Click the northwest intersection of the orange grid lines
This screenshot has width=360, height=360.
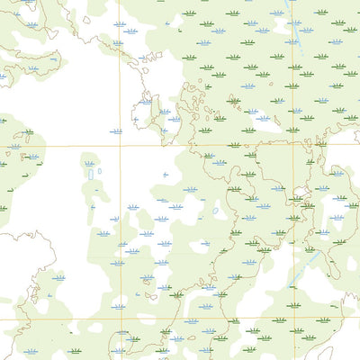120,145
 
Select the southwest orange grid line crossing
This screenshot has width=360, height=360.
120,319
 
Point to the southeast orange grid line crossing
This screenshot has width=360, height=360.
293,319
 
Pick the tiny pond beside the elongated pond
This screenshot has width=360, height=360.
99,171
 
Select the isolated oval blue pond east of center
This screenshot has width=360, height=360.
215,211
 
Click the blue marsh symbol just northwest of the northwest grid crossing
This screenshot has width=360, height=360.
114,131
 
